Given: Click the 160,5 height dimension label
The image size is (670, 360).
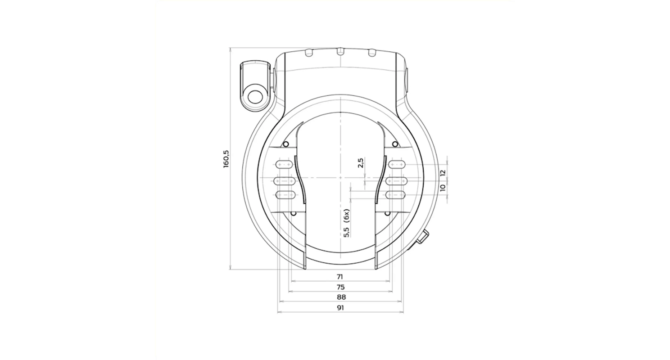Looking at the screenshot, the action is click(226, 159).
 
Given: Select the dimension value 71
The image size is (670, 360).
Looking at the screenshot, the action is click(340, 277).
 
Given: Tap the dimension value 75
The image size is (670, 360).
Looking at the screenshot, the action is click(340, 287).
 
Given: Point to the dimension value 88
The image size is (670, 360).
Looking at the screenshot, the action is click(341, 297).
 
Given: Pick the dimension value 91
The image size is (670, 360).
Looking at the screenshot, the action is click(340, 308).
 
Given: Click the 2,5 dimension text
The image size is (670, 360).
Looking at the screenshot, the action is click(361, 163).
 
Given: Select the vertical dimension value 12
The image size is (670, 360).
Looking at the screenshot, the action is click(443, 172).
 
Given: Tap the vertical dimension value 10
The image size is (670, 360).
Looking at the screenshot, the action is click(443, 188).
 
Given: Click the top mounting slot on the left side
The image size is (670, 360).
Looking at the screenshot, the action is click(284, 164).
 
